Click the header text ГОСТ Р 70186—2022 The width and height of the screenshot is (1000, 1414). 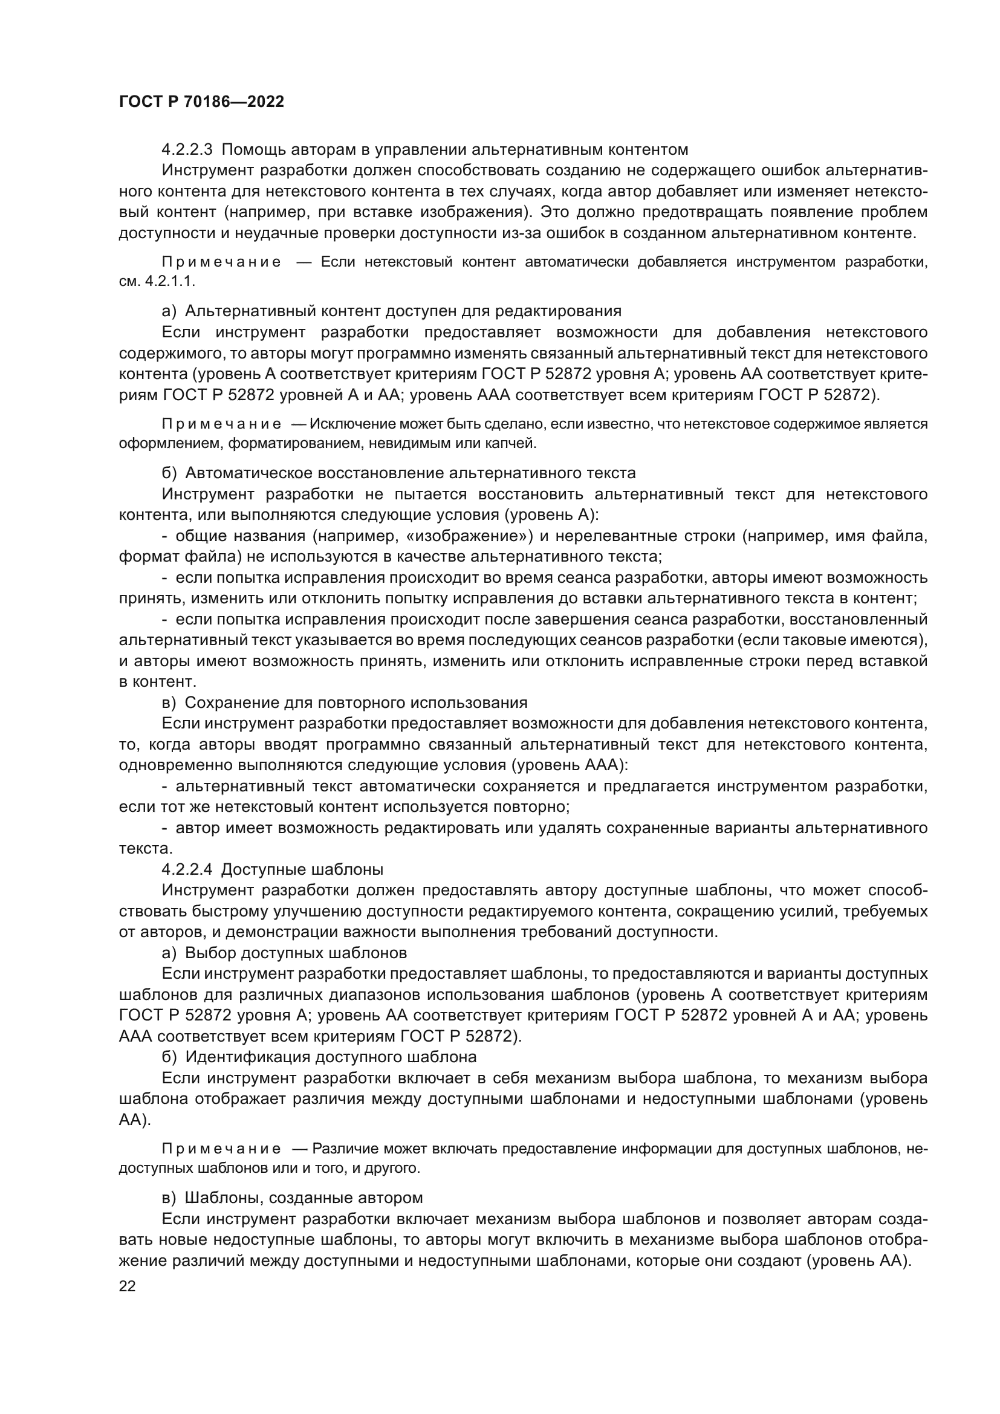click(x=201, y=102)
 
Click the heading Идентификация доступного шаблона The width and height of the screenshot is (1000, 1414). click(x=331, y=1057)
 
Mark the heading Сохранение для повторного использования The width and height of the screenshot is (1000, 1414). click(x=356, y=702)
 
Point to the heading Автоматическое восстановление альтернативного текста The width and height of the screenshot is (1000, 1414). click(x=410, y=473)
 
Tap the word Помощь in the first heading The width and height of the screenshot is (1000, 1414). click(x=253, y=150)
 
